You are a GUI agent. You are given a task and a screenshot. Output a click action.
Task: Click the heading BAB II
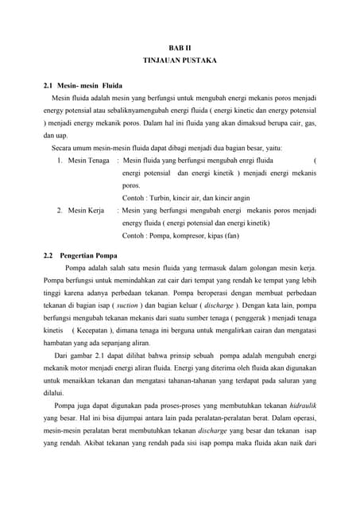(x=179, y=48)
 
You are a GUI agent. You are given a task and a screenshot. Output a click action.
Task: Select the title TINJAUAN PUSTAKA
(x=179, y=60)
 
